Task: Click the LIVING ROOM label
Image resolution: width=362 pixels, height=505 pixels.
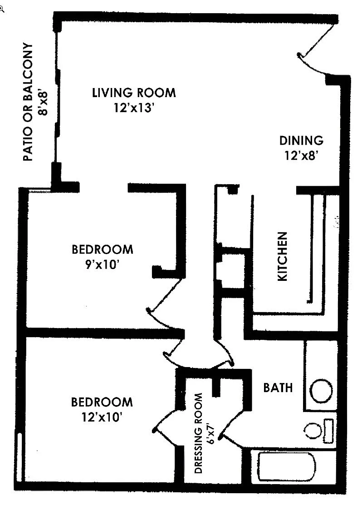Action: point(134,93)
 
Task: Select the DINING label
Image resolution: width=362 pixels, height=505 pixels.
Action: point(301,140)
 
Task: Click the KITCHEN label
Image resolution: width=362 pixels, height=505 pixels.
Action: point(282,257)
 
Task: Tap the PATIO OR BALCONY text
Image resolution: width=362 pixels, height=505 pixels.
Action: point(28,103)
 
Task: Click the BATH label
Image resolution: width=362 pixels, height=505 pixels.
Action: point(278,388)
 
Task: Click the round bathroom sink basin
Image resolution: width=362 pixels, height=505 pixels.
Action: point(321,389)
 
